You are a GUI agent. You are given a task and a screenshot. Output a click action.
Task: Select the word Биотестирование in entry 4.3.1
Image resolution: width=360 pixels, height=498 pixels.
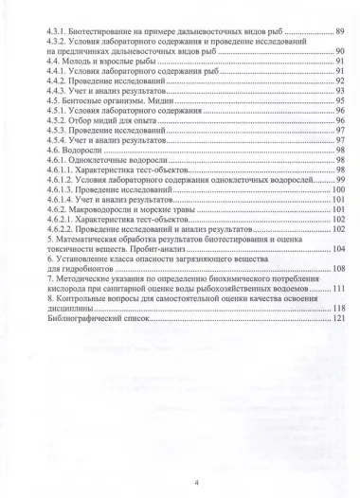[x=107, y=32]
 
